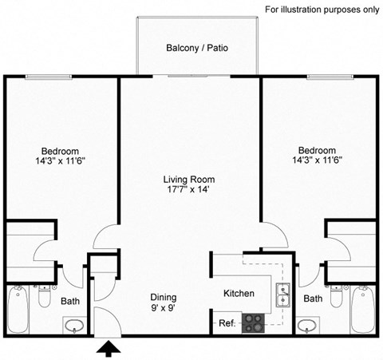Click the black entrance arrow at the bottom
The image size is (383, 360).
(106, 348)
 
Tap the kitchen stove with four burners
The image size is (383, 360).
(254, 322)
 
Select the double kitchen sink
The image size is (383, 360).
(282, 294)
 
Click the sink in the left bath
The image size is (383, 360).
(73, 326)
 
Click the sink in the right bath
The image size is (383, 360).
(307, 326)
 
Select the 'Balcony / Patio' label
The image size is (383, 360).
(197, 48)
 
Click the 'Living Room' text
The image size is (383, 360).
(189, 180)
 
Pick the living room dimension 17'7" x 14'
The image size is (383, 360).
(189, 190)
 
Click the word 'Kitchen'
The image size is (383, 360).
(239, 294)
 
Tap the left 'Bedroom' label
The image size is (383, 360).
(61, 151)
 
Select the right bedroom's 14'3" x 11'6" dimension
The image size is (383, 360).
(317, 160)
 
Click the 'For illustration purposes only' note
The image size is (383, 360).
(322, 10)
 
